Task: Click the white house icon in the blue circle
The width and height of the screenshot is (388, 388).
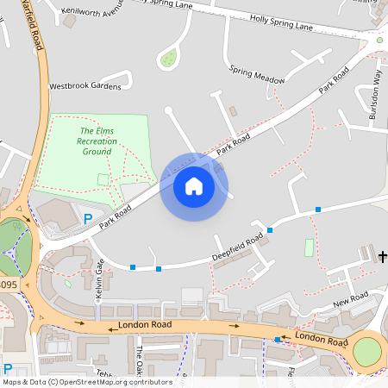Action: coord(194,185)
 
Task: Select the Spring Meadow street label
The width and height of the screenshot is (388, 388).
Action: coord(257,74)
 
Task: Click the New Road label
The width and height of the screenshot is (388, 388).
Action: coord(351,298)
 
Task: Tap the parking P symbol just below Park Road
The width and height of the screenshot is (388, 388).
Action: coord(87,219)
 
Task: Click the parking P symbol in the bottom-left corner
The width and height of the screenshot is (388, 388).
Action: coord(8,369)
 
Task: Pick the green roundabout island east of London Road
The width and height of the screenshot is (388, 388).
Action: coord(367,351)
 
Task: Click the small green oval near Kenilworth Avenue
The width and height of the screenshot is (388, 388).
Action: coord(168,59)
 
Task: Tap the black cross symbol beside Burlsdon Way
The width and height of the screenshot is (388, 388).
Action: coord(379,39)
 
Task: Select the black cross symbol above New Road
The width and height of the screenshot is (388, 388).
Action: coord(383,255)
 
